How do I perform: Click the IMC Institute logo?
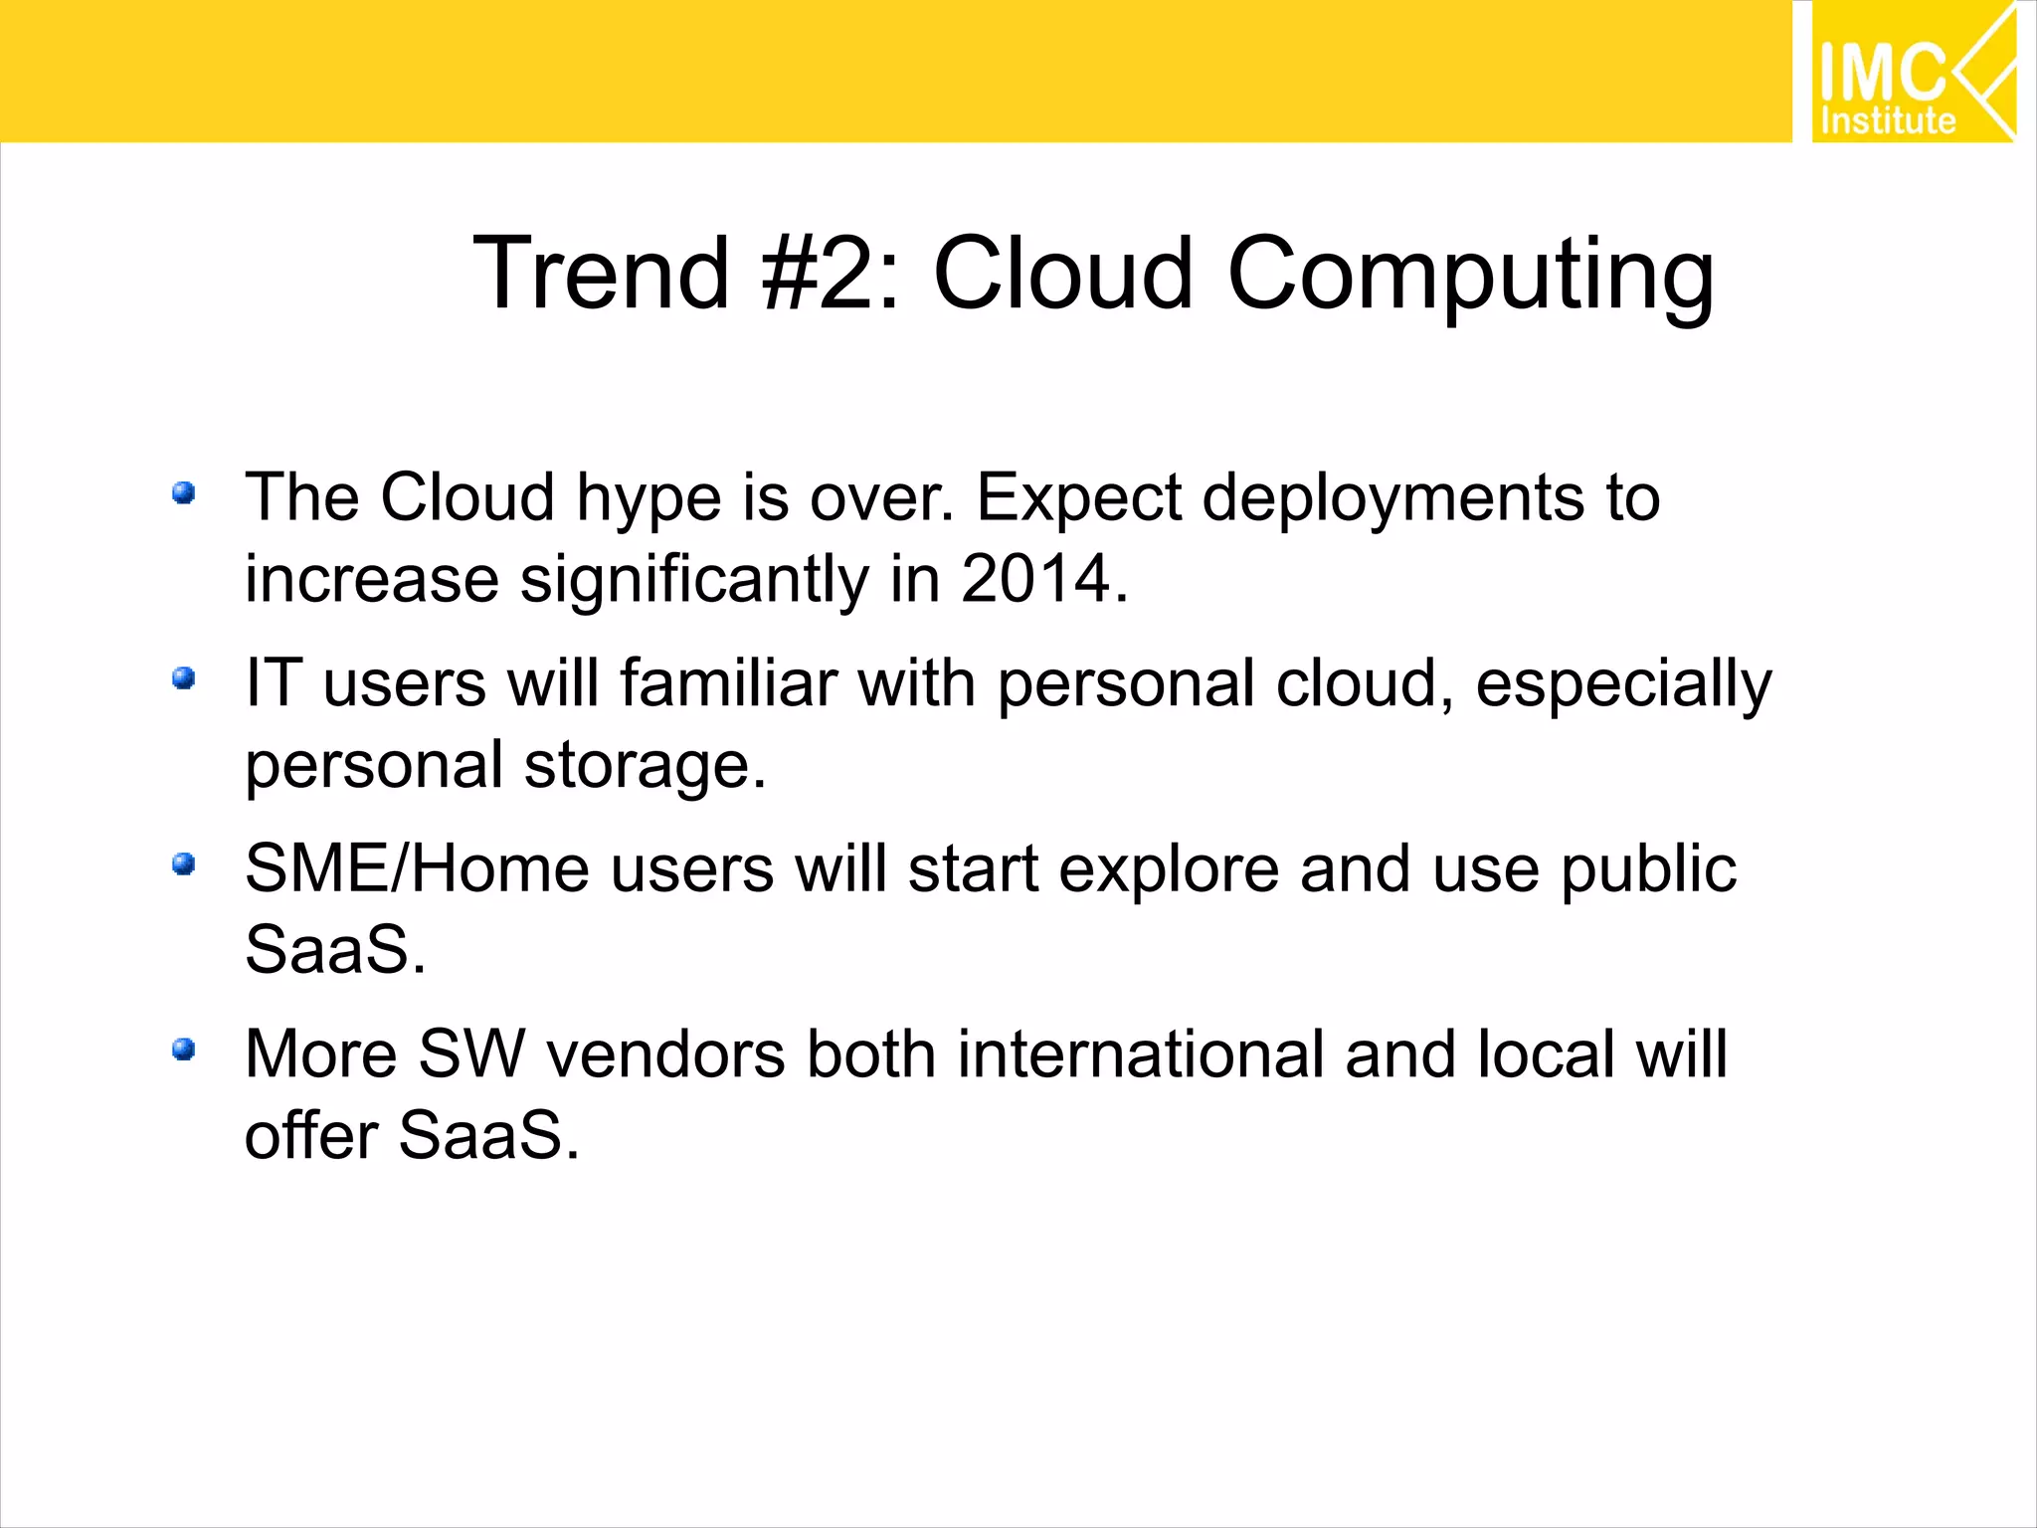pos(1912,73)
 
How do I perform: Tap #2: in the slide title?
pos(831,274)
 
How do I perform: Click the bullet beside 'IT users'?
pos(183,678)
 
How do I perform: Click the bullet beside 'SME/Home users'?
pos(183,863)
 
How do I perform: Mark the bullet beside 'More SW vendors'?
pos(183,1050)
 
